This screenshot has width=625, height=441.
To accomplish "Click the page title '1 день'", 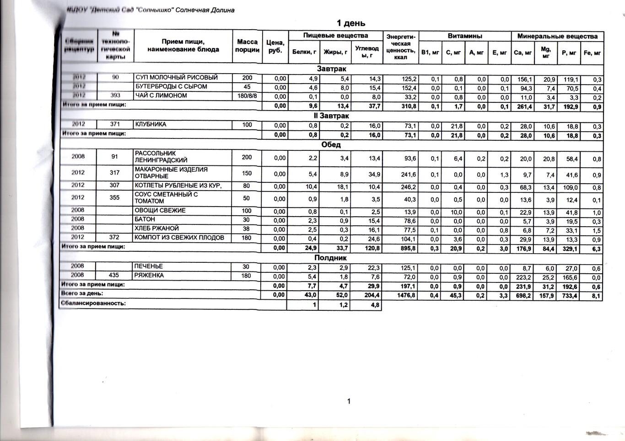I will [x=350, y=23].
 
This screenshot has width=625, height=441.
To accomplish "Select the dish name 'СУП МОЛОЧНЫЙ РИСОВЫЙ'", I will [x=176, y=78].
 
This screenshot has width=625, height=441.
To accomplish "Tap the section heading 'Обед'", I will [x=331, y=144].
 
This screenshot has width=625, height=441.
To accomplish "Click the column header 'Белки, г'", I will [x=304, y=52].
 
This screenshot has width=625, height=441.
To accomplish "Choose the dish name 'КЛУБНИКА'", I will [x=151, y=124].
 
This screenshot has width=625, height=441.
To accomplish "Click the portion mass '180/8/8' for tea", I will [x=247, y=96].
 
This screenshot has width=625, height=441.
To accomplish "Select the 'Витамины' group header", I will [x=464, y=36].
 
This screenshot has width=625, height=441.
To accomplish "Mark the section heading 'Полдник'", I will [x=331, y=258].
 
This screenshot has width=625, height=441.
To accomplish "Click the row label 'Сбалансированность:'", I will [x=93, y=303].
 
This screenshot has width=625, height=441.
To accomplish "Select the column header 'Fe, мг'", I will [x=592, y=53].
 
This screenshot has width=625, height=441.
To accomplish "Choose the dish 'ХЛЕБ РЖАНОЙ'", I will [x=156, y=228].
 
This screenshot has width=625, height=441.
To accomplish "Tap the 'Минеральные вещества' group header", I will [x=557, y=36].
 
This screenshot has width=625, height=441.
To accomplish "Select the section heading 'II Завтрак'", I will [x=331, y=116].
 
